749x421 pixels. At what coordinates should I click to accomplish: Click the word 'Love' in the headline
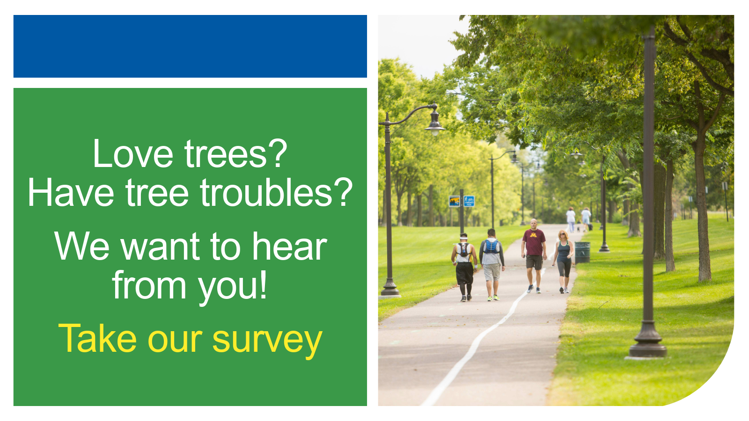(x=133, y=154)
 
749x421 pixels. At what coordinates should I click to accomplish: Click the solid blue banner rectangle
(x=190, y=46)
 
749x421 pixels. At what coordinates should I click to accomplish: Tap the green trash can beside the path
(x=582, y=252)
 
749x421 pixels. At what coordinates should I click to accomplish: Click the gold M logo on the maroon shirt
(x=534, y=235)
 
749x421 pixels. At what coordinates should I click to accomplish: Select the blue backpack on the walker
(x=491, y=246)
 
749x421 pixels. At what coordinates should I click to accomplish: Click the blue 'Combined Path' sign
(x=469, y=201)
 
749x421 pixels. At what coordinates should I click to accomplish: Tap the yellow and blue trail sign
(x=454, y=201)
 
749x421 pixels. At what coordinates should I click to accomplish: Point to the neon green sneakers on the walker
(x=493, y=298)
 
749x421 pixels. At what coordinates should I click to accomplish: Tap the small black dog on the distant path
(x=578, y=229)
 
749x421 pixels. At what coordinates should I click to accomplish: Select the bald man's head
(x=534, y=223)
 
